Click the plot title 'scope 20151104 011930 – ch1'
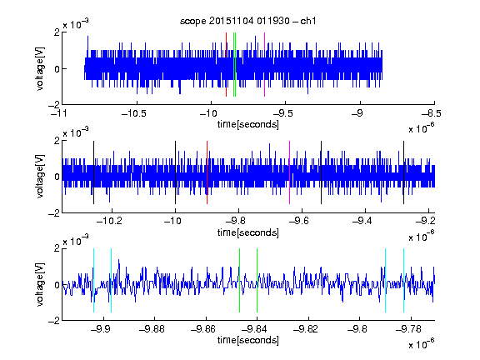(248, 21)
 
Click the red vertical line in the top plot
(226, 65)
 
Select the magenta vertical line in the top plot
(264, 65)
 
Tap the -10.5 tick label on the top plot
(134, 114)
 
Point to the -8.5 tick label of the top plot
(432, 114)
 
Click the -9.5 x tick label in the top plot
(282, 114)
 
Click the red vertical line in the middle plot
(207, 172)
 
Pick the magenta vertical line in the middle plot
(290, 172)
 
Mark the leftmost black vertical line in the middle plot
(93, 172)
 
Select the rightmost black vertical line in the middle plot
(404, 172)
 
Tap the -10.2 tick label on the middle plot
(109, 221)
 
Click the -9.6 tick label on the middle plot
(298, 221)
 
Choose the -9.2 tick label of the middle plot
(425, 221)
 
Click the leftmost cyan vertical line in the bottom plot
(93, 280)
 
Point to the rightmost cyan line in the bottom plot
(404, 280)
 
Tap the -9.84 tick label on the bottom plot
(254, 329)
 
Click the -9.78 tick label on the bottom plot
(408, 329)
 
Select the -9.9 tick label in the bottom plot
(100, 329)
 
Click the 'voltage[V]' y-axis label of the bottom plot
(40, 284)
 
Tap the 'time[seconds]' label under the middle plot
(248, 232)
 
